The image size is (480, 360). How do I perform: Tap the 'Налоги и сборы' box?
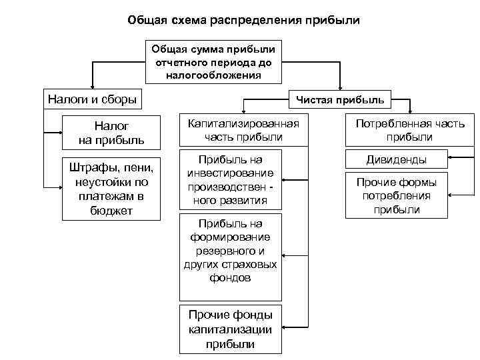(x=92, y=100)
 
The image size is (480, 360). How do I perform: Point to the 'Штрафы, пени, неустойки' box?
(x=111, y=189)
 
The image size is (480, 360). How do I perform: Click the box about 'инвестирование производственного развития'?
(x=229, y=180)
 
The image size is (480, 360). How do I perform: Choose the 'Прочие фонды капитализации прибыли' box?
(x=229, y=329)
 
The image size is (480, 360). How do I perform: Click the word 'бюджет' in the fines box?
(x=112, y=211)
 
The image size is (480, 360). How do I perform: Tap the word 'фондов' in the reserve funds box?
(x=229, y=278)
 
